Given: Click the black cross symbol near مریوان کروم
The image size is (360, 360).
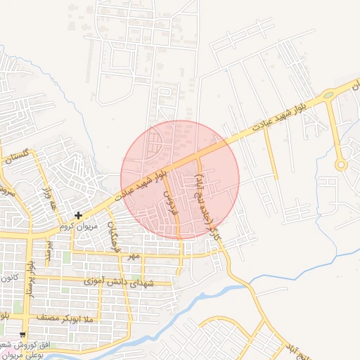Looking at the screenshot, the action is click(78, 214).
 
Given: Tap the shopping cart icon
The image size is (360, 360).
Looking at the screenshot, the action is click(23, 334).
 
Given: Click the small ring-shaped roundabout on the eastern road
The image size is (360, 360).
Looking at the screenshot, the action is click(341, 166).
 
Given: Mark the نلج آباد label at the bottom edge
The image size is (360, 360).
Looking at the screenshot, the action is click(296, 352).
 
